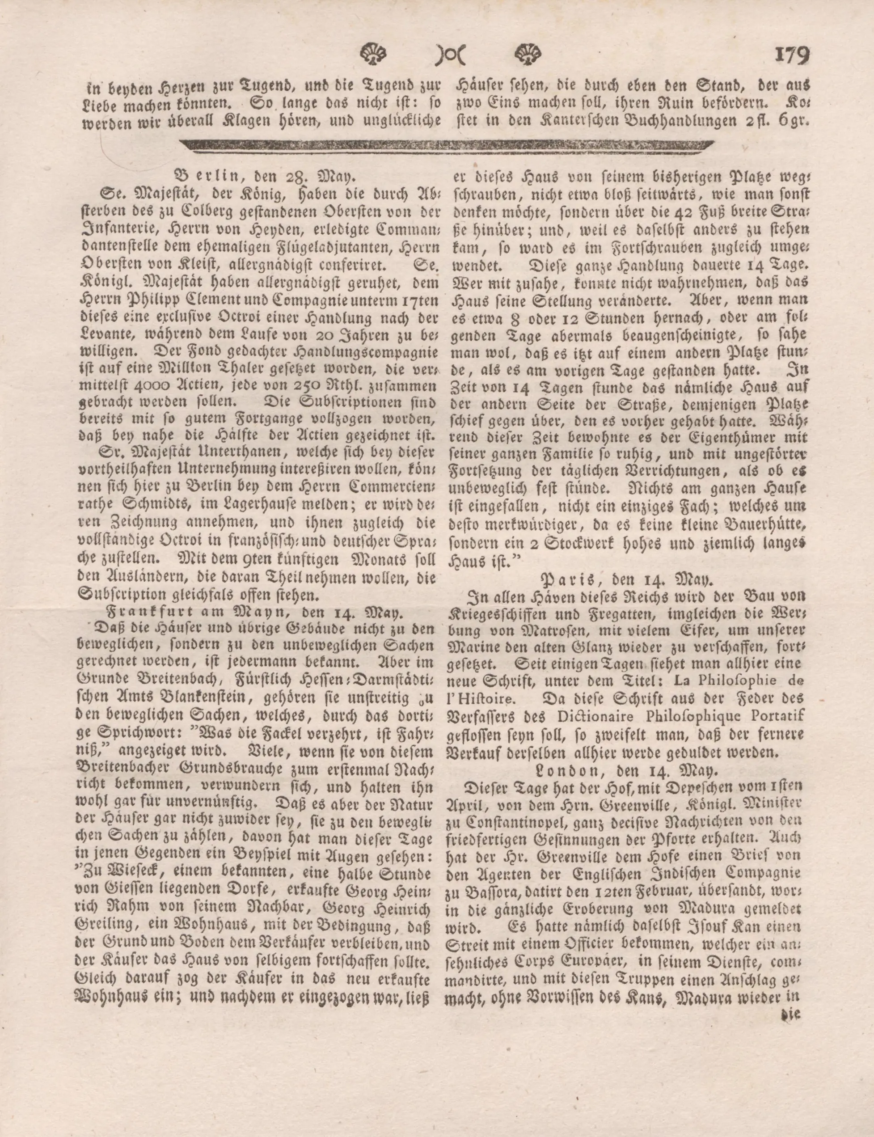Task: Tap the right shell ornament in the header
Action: tap(528, 53)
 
